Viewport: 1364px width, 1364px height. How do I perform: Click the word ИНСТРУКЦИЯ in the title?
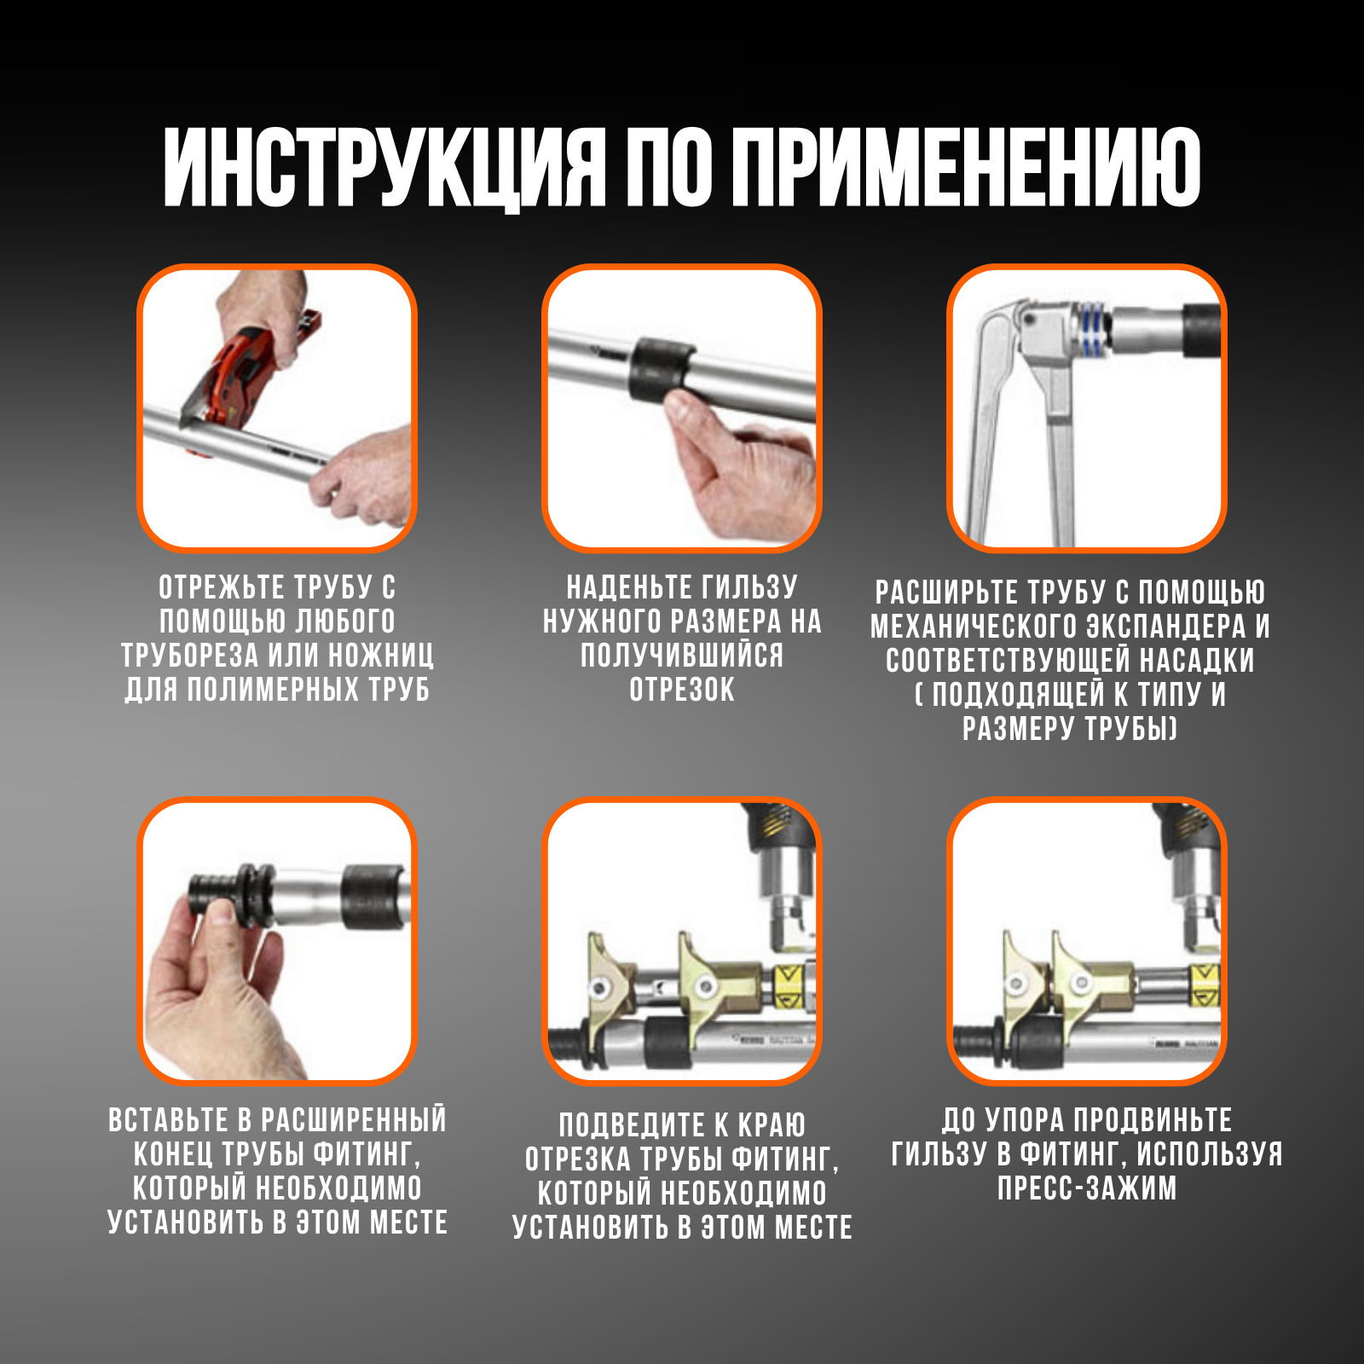click(384, 168)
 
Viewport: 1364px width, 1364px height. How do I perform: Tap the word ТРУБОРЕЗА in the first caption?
click(189, 656)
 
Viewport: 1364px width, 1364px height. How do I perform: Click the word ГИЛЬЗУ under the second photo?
click(749, 587)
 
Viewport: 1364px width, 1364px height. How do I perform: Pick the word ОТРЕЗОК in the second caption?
click(682, 690)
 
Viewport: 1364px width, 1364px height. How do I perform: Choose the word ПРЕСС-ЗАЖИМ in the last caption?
click(1087, 1188)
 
